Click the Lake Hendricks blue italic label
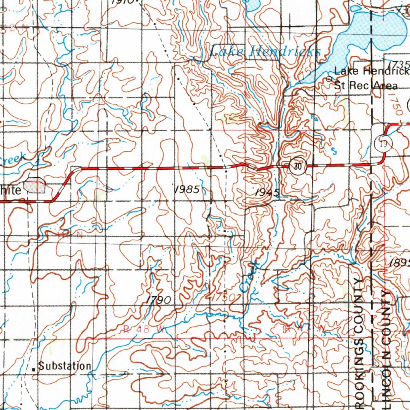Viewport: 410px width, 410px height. coord(265,51)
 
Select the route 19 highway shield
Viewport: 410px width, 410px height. coord(383,144)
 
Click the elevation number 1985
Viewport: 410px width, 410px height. coord(187,190)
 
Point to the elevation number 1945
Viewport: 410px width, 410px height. coord(267,193)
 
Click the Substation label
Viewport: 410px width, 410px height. coord(65,366)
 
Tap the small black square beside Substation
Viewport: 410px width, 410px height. coord(34,367)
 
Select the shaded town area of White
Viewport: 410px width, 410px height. coord(35,186)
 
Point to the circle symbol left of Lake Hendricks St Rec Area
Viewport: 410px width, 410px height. coord(330,79)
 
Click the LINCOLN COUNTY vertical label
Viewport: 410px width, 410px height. coord(385,344)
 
